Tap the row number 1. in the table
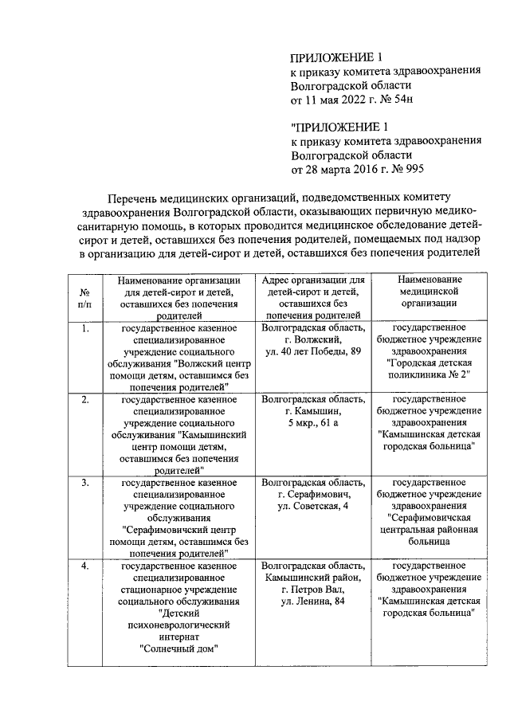tap(85, 327)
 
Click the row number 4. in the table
tap(85, 566)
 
